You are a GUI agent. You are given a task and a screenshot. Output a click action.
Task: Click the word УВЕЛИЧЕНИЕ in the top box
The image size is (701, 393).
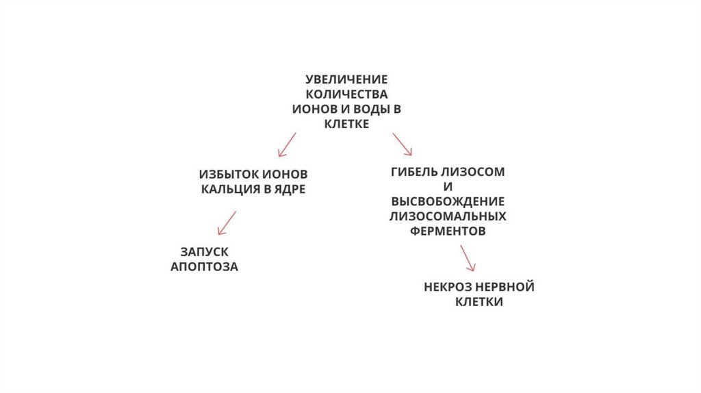346,79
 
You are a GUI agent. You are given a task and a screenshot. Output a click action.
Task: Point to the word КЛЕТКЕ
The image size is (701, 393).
346,124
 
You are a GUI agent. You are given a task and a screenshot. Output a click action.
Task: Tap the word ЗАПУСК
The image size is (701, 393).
204,251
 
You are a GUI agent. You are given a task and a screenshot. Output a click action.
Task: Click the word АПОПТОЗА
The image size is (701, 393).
204,267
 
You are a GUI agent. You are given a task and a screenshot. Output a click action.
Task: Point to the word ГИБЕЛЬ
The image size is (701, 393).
415,172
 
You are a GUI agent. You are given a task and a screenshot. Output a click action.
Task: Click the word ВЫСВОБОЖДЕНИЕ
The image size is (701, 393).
448,201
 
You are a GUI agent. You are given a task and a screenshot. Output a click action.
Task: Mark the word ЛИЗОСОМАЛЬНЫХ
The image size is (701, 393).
448,216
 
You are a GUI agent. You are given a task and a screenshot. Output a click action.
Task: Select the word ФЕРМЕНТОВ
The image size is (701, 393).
448,231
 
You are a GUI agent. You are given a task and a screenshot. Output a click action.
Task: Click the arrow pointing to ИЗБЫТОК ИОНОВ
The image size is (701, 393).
286,144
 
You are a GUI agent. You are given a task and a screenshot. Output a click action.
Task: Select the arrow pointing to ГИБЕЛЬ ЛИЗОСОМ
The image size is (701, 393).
402,143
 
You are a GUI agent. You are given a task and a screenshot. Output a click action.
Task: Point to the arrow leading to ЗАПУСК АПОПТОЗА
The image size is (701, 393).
226,223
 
